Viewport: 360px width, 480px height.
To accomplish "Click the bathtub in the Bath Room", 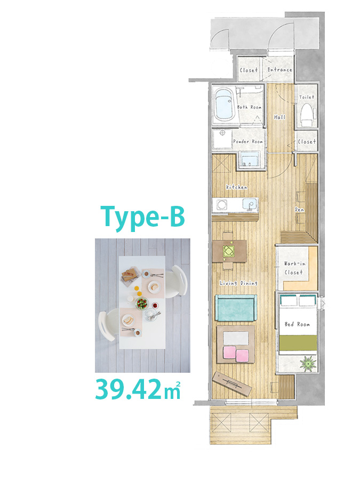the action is click(224, 105).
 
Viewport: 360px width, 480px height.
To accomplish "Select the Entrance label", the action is click(280, 70).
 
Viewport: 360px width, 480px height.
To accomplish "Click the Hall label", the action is click(279, 117).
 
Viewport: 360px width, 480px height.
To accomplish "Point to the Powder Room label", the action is click(248, 141).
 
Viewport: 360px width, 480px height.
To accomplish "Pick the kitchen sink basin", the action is click(250, 204).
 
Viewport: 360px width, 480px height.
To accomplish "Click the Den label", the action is click(299, 210).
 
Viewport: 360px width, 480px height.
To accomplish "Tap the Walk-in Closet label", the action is click(294, 268).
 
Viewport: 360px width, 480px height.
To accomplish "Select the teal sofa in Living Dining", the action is click(235, 308).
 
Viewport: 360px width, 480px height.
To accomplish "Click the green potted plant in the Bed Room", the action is click(308, 363).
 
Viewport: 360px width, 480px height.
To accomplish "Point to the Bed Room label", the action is click(297, 324).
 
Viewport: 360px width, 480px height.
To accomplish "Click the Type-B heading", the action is click(142, 217).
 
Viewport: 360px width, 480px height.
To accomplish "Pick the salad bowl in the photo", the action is click(142, 303).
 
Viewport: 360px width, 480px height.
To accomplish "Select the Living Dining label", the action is click(239, 283).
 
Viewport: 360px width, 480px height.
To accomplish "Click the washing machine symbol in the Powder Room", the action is click(222, 139).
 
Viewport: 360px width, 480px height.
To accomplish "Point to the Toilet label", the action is click(307, 97).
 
